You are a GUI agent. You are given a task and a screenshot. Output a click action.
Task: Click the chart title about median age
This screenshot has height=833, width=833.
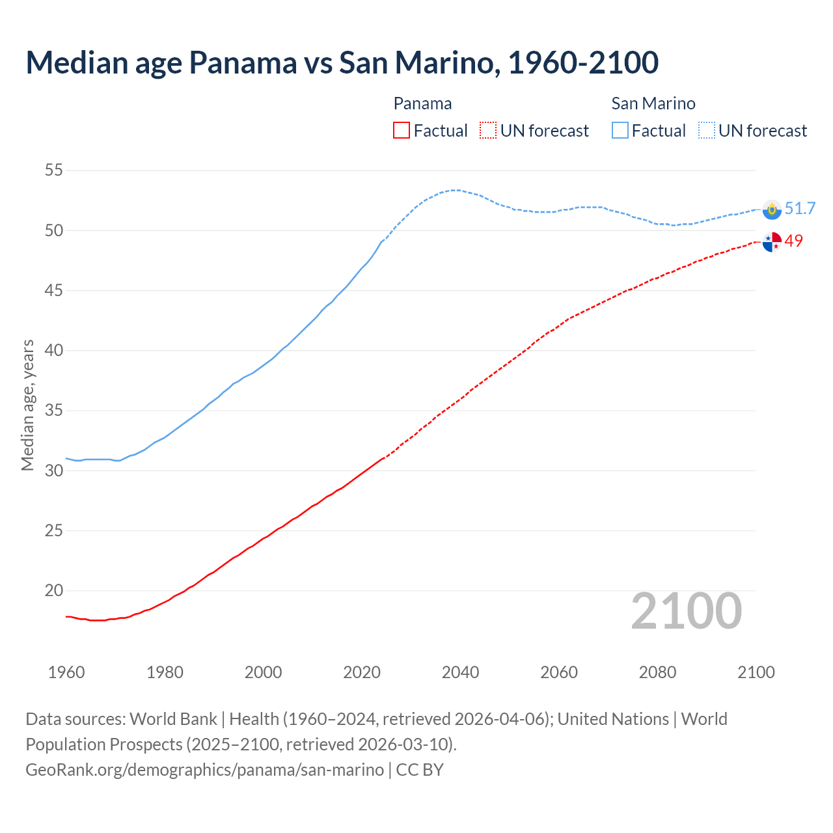[x=342, y=62]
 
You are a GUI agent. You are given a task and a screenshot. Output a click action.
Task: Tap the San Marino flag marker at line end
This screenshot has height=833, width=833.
[x=772, y=210]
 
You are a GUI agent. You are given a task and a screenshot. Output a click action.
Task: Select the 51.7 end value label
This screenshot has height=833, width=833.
[x=800, y=208]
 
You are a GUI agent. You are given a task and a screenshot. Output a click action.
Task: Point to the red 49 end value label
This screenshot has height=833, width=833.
[x=794, y=241]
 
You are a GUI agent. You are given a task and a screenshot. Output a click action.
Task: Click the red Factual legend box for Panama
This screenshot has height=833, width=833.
[x=402, y=131]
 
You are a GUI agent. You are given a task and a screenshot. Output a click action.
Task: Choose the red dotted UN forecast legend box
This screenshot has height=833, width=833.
[x=487, y=131]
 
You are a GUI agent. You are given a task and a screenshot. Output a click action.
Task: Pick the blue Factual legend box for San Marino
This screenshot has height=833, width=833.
[x=620, y=131]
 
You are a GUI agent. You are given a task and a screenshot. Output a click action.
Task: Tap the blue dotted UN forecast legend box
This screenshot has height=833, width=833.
[x=706, y=131]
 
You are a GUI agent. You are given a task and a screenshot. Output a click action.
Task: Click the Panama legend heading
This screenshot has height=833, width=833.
[x=422, y=103]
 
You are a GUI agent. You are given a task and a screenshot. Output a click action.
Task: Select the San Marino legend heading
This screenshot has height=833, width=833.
[x=653, y=103]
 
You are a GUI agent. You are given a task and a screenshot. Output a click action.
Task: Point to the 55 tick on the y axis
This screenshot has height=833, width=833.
[x=54, y=171]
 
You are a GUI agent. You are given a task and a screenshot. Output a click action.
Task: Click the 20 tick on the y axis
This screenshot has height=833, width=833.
[x=54, y=591]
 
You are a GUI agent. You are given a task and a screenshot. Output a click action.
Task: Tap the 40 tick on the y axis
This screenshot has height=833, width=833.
[x=54, y=351]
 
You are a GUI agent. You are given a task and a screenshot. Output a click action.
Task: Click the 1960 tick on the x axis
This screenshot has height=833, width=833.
[x=66, y=672]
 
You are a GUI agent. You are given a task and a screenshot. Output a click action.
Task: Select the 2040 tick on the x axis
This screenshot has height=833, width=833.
[x=460, y=672]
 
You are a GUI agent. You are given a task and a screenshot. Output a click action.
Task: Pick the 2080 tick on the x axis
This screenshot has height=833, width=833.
[x=657, y=672]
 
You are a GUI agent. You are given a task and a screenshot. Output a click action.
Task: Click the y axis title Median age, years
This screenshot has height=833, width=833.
[x=27, y=405]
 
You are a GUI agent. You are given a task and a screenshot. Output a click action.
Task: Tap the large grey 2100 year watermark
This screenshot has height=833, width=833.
[x=686, y=611]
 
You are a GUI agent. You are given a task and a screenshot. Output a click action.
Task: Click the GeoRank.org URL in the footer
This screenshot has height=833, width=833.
[x=204, y=770]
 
